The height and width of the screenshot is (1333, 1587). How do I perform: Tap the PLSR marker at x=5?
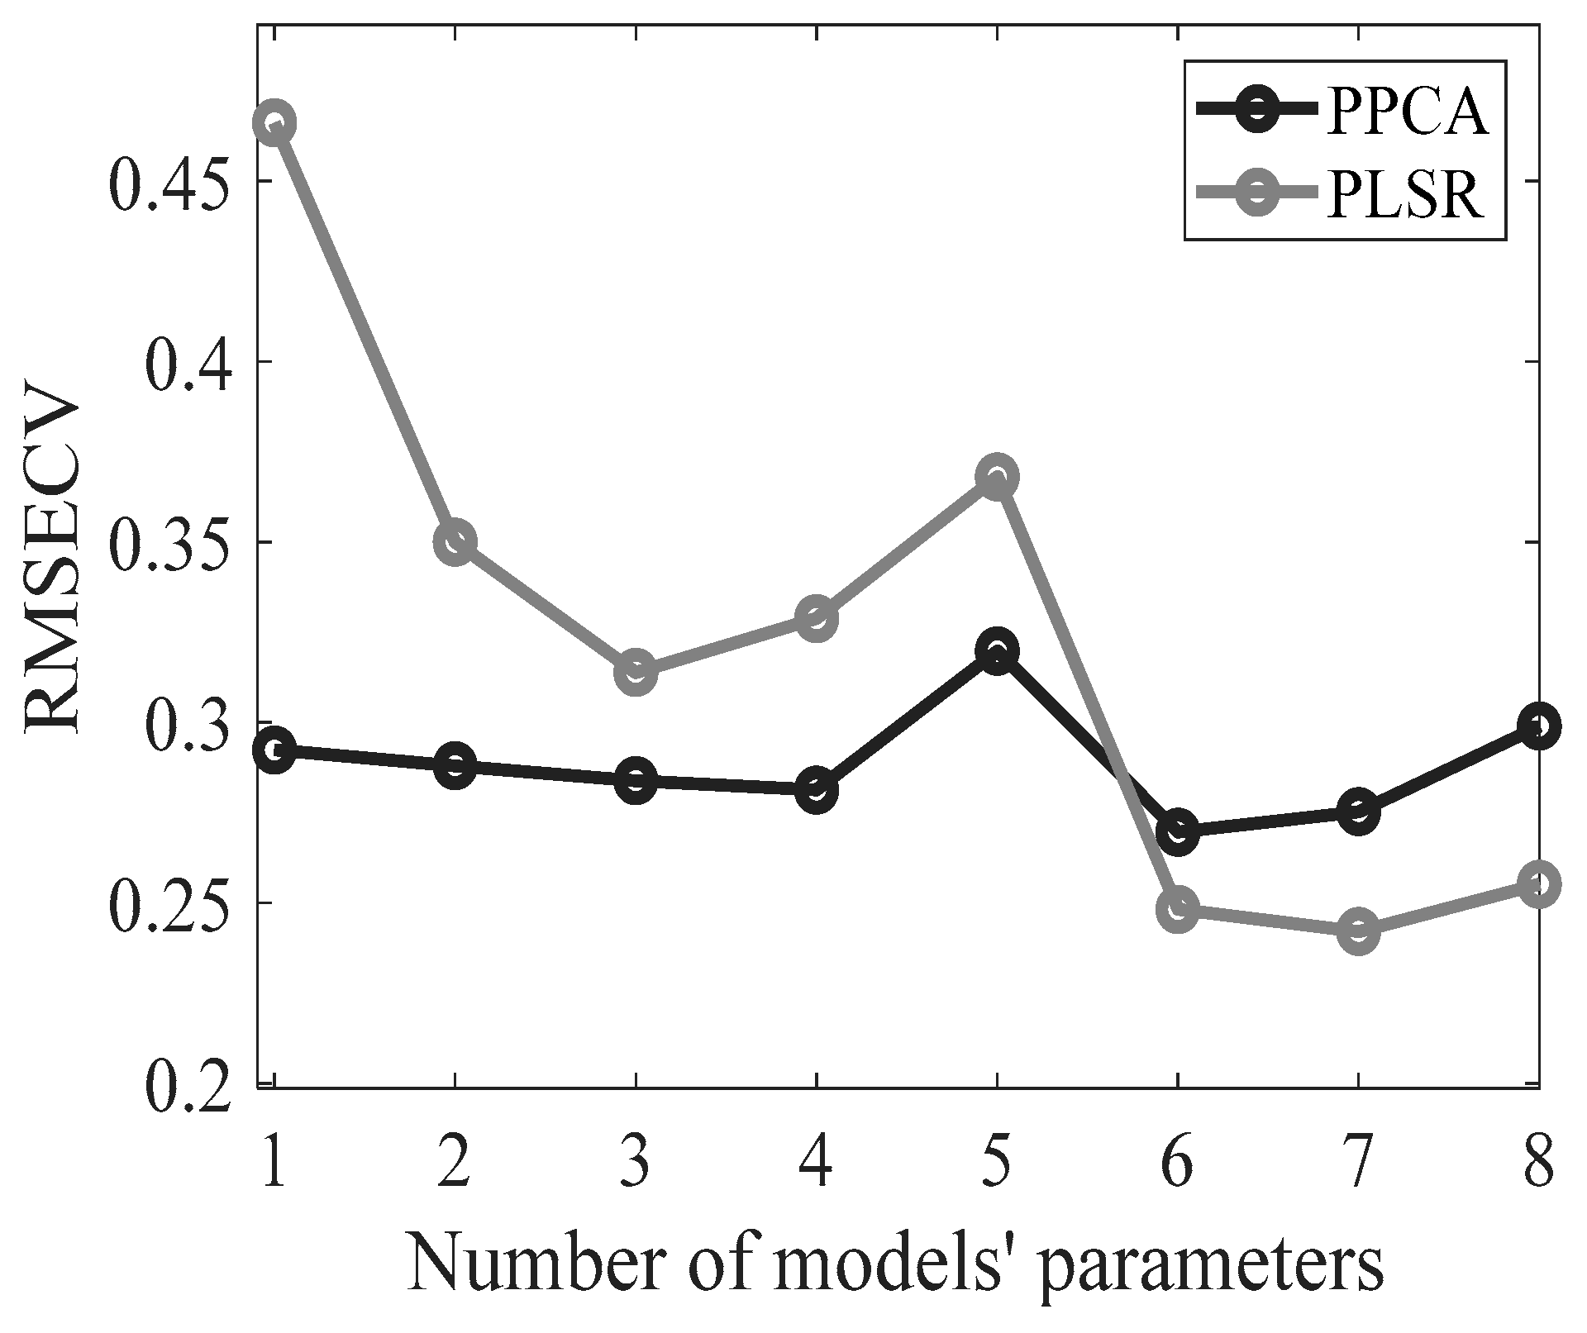click(997, 477)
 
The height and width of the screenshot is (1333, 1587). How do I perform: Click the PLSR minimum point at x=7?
click(1358, 931)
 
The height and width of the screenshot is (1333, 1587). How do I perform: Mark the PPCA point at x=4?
click(817, 789)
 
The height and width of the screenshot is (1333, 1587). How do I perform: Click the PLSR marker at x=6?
click(1178, 909)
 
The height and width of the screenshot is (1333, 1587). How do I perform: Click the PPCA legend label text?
click(1407, 112)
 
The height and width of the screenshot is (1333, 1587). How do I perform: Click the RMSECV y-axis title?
click(55, 568)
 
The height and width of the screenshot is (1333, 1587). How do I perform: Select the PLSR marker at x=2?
click(455, 542)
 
